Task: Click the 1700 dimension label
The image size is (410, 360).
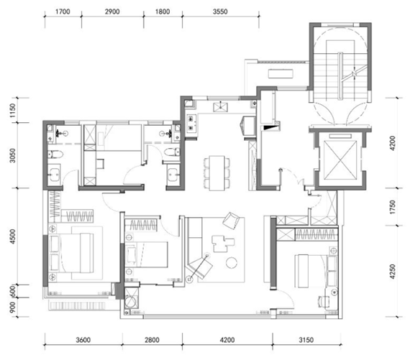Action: (x=63, y=11)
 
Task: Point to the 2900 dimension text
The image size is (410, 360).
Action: (x=112, y=11)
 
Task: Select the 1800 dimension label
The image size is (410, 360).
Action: (x=163, y=11)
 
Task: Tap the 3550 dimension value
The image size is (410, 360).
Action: (x=220, y=11)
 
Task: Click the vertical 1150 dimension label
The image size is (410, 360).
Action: (x=12, y=110)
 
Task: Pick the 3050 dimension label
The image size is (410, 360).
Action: (x=12, y=155)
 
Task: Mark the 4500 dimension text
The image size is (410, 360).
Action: (x=12, y=236)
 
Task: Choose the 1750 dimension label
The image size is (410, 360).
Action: (x=393, y=207)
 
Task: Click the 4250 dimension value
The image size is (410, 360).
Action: (x=393, y=272)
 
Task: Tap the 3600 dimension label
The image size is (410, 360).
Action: (x=83, y=340)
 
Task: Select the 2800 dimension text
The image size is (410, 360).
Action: (x=152, y=340)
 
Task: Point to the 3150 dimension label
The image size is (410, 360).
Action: (x=306, y=340)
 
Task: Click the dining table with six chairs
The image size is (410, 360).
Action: (x=217, y=173)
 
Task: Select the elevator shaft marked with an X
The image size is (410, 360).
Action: (x=340, y=160)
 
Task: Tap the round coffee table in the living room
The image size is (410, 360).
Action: (x=232, y=263)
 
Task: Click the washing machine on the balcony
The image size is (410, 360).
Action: (x=130, y=301)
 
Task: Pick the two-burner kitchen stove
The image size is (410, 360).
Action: (x=191, y=123)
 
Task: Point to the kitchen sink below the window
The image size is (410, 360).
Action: (x=220, y=107)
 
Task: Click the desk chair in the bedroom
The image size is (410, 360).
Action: (x=322, y=301)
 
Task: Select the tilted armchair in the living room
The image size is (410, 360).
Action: (x=231, y=221)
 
